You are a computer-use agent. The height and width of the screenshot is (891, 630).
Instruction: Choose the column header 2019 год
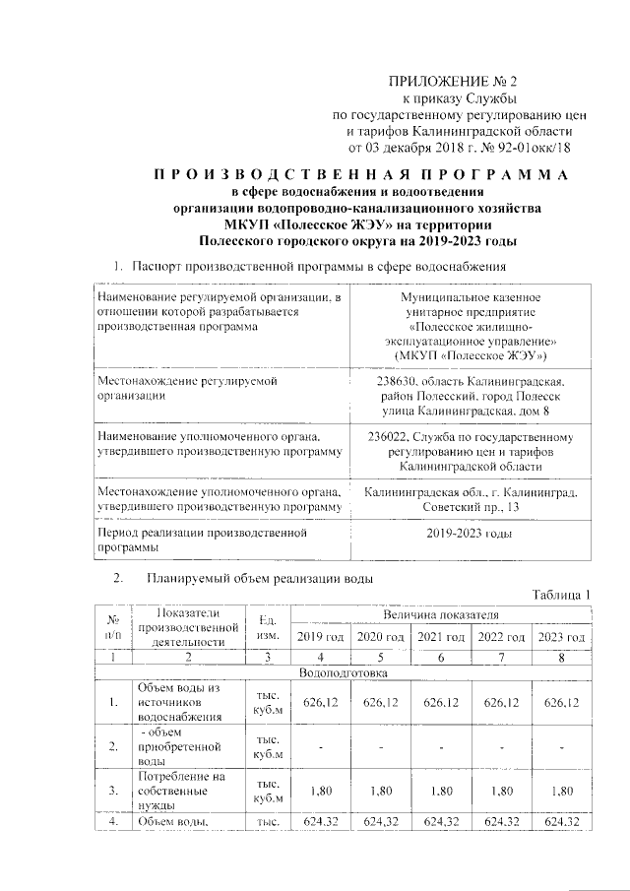pos(320,637)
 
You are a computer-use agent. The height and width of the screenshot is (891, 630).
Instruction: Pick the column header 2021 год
pos(441,637)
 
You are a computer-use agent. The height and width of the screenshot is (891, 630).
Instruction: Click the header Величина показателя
pos(441,614)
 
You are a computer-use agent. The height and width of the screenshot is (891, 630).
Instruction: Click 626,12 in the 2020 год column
pos(380,702)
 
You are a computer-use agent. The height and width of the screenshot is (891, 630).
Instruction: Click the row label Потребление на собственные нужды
pos(177,790)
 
